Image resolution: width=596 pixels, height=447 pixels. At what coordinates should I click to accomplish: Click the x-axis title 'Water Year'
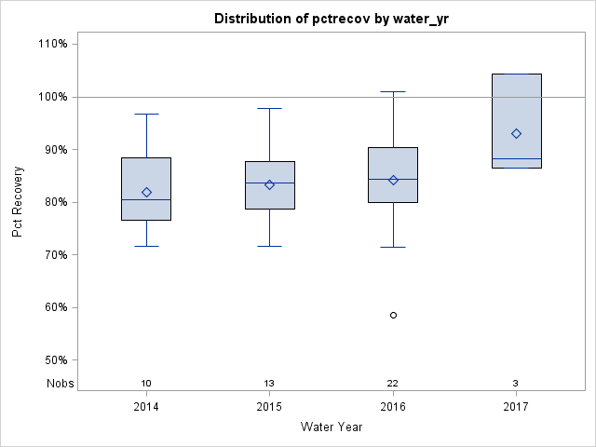[x=332, y=427]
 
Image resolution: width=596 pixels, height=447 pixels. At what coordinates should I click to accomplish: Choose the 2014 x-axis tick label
[x=146, y=407]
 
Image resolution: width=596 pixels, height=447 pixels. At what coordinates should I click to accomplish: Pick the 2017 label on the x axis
[x=516, y=407]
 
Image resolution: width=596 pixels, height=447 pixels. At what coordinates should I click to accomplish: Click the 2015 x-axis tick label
[x=269, y=407]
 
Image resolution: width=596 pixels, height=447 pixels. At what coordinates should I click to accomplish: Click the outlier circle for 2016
[x=393, y=315]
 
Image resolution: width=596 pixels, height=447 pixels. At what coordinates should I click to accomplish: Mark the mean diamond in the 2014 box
[x=146, y=193]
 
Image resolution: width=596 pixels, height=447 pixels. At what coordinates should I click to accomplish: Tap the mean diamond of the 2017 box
[x=516, y=134]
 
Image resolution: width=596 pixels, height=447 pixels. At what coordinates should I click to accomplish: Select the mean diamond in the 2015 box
[x=269, y=184]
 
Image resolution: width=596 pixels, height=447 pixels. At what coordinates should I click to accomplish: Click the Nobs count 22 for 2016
[x=393, y=384]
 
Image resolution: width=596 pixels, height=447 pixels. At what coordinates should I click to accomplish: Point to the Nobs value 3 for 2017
[x=516, y=384]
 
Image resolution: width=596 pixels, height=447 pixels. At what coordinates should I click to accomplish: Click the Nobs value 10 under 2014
[x=146, y=384]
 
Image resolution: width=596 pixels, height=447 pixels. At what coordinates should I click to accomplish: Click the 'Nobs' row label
[x=61, y=384]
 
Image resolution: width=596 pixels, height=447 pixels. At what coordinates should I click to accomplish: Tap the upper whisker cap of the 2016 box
[x=393, y=92]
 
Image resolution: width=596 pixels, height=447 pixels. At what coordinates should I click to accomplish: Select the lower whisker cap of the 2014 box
[x=146, y=246]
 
